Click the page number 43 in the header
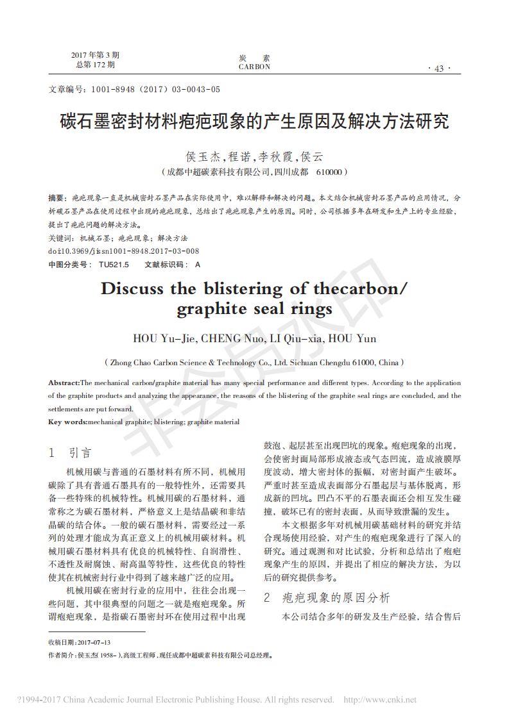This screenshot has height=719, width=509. [439, 69]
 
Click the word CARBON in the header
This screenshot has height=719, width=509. [254, 67]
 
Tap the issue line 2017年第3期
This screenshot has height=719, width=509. [95, 55]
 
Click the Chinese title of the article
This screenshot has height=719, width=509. [254, 122]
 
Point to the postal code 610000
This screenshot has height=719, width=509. [331, 172]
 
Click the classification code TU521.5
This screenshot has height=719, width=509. [114, 264]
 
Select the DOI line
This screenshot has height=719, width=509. [124, 251]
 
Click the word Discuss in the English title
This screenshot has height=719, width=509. [132, 288]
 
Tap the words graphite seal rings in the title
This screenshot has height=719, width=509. [254, 309]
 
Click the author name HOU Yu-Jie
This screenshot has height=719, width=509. [163, 338]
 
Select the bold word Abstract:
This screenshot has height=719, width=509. [64, 383]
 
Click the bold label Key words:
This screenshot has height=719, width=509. [67, 422]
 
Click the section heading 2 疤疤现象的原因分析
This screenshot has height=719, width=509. [327, 597]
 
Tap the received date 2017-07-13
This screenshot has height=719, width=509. [94, 642]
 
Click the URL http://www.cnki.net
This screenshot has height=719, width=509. [380, 700]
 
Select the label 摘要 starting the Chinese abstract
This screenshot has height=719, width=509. [57, 198]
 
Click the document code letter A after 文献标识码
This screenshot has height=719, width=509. [197, 264]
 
